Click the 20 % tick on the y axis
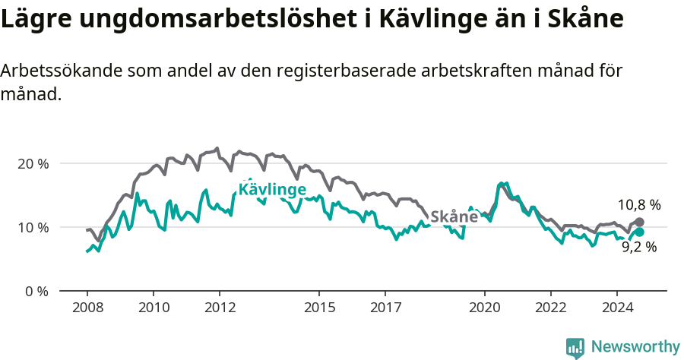pos(33,164)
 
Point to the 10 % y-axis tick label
pos(33,228)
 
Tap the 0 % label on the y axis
pos(36,292)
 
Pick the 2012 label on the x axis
pos(219,308)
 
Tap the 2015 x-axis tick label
pos(318,308)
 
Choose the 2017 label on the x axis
pos(385,308)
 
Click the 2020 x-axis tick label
pos(484,308)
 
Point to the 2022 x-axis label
pos(550,308)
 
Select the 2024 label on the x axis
pos(616,308)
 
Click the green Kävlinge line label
pos(272,189)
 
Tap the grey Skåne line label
pos(454,216)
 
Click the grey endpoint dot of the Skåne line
pos(639,223)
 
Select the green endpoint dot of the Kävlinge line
pos(639,232)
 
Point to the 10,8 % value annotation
pos(638,205)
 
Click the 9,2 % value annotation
pos(638,247)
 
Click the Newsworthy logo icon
pos(575,348)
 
